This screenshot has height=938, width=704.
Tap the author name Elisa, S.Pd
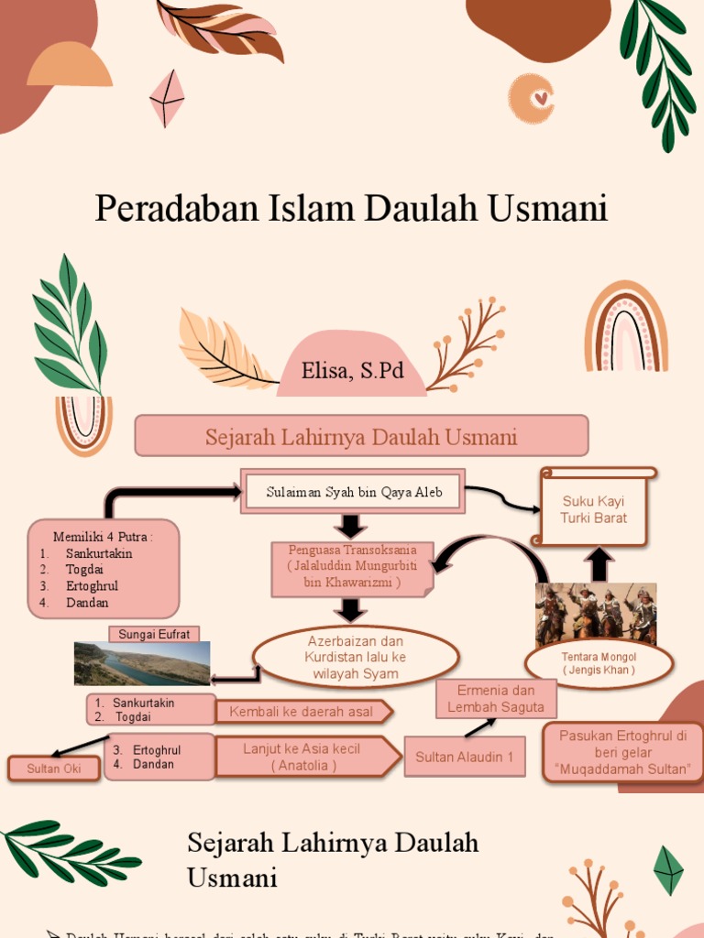353,372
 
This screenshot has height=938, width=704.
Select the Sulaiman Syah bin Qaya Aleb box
354,492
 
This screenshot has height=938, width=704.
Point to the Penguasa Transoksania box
353,566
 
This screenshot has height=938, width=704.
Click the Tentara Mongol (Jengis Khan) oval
599,663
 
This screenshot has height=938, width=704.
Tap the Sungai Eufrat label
154,634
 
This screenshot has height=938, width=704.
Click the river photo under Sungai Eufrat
142,663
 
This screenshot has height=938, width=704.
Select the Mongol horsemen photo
596,614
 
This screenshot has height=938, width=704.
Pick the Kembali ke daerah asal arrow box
303,712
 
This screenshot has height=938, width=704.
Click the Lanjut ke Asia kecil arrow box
306,757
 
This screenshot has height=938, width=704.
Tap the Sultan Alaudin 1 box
465,757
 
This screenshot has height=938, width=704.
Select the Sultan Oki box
54,769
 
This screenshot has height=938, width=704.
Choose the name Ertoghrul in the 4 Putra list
92,586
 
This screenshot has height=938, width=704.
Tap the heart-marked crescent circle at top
533,98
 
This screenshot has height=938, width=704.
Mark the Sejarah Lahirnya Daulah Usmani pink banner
361,436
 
